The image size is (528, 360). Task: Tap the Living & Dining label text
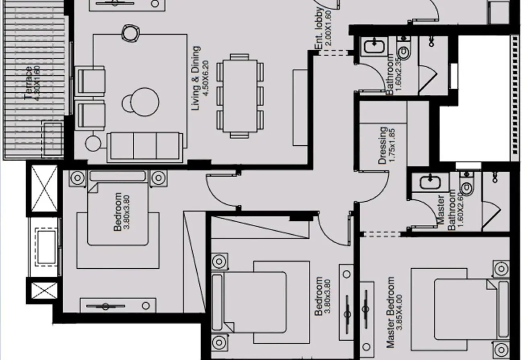tap(196, 78)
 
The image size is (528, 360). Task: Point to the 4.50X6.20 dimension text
tap(206, 79)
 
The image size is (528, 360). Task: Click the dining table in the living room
tap(240, 96)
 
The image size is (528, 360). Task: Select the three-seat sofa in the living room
tap(145, 147)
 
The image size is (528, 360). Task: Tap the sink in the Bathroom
tap(374, 46)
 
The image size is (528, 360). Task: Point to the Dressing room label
tap(383, 145)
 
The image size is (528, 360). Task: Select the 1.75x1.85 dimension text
tap(392, 145)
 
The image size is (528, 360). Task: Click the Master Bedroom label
tap(391, 312)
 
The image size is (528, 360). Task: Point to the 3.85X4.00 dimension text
tap(400, 312)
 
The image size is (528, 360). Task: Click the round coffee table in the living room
tap(145, 102)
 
